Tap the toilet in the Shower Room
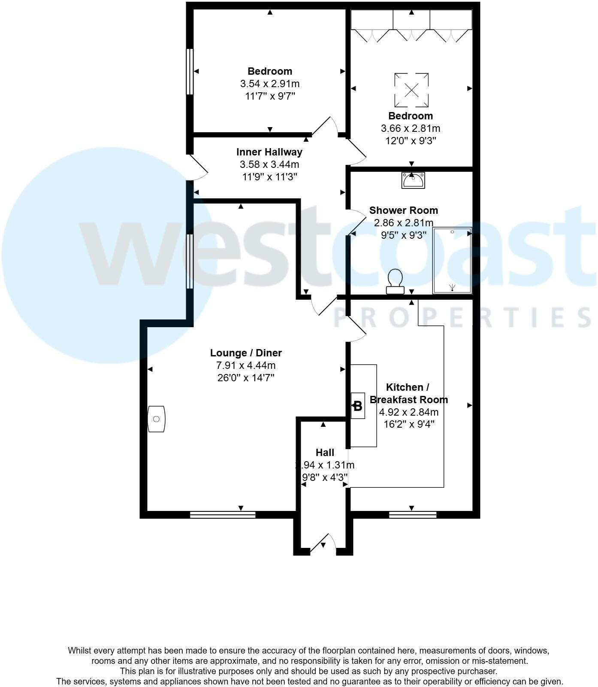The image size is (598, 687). pyautogui.click(x=395, y=281)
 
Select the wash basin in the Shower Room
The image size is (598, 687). pyautogui.click(x=413, y=180)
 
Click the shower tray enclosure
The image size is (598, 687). pyautogui.click(x=452, y=260)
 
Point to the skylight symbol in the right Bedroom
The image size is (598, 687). pyautogui.click(x=411, y=90)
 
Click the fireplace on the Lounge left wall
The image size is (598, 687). pyautogui.click(x=156, y=419)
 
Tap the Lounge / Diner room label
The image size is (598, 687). pyautogui.click(x=246, y=353)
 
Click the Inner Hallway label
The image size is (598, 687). pyautogui.click(x=269, y=152)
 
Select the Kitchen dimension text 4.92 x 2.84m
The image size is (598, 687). pyautogui.click(x=409, y=412)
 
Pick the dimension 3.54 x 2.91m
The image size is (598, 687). pyautogui.click(x=270, y=83)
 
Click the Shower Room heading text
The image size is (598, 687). pyautogui.click(x=404, y=210)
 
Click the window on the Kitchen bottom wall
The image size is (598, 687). pyautogui.click(x=413, y=514)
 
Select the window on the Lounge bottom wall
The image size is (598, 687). pyautogui.click(x=223, y=514)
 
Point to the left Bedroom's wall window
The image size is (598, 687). pyautogui.click(x=189, y=71)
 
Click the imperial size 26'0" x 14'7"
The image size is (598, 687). pyautogui.click(x=246, y=378)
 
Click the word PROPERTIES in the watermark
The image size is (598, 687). pyautogui.click(x=463, y=317)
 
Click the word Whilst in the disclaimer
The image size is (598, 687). pyautogui.click(x=80, y=651)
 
